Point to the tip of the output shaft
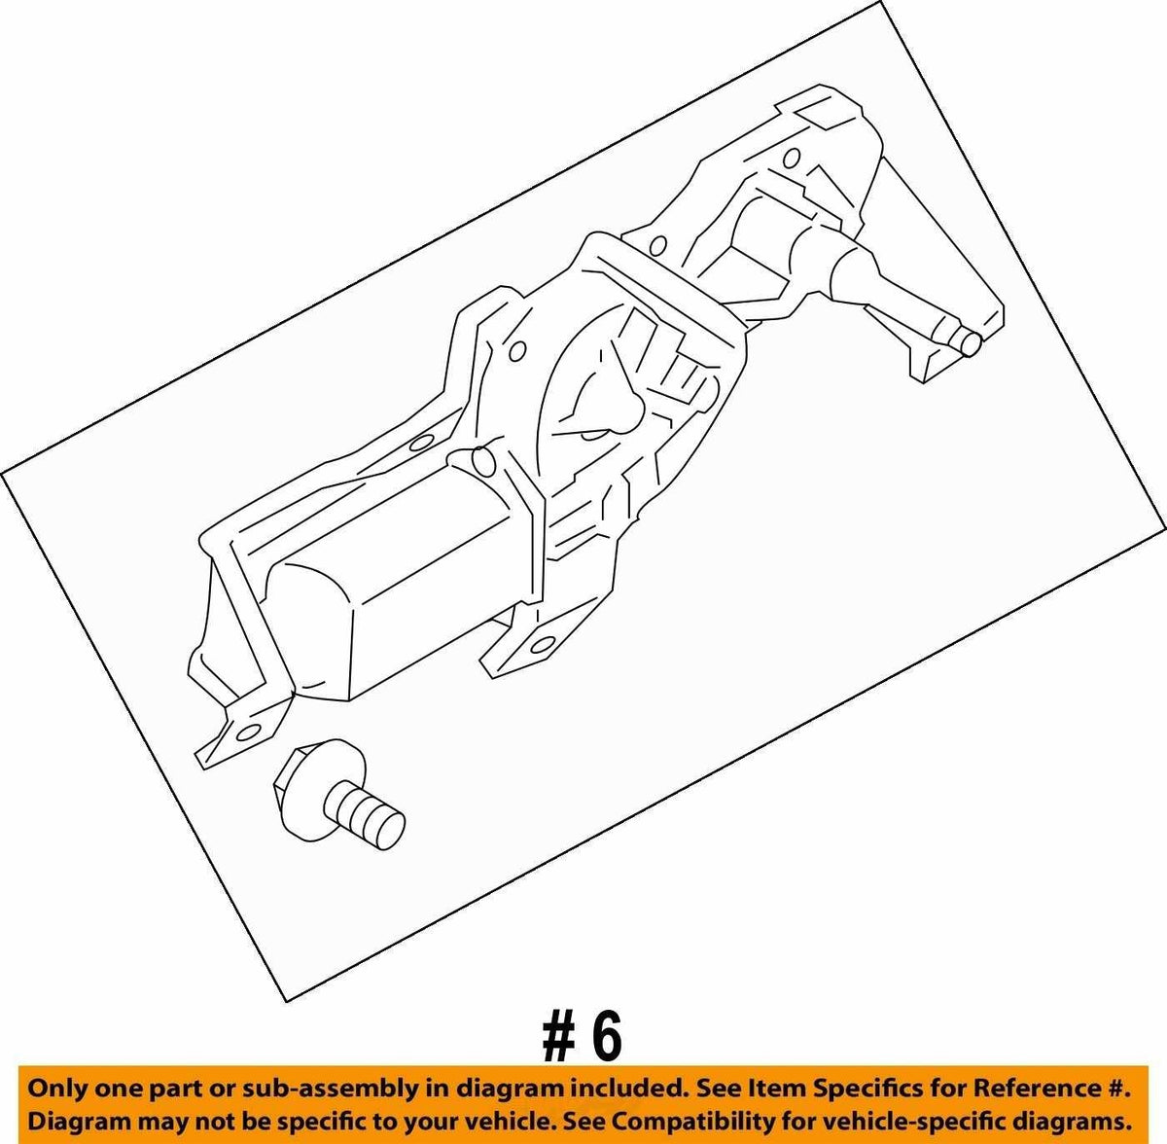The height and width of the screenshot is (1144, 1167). tap(971, 343)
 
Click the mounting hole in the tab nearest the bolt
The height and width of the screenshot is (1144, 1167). tap(247, 733)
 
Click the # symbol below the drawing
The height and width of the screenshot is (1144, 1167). tap(559, 1038)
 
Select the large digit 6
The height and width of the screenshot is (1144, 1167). tap(606, 1038)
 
